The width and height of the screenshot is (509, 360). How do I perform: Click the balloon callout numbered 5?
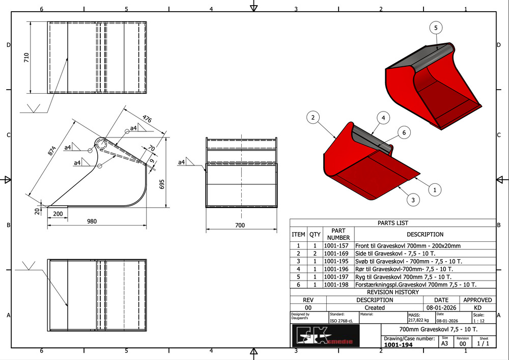point(435,28)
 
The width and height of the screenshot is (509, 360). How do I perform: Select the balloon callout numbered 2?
point(314,118)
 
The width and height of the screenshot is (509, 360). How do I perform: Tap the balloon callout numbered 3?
point(413,200)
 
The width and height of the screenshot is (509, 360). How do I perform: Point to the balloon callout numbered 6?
point(403,132)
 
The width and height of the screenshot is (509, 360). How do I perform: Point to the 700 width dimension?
point(240,225)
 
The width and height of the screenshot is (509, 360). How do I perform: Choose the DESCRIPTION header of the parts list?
point(425,235)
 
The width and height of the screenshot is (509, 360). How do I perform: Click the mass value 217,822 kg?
point(419,321)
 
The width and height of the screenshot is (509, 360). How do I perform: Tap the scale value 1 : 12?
point(479,321)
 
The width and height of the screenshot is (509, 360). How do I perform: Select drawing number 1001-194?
point(398,345)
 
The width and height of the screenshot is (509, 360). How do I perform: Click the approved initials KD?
point(477,308)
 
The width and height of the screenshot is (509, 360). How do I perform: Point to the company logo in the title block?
point(325,337)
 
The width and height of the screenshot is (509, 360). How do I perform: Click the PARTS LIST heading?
point(392,223)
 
